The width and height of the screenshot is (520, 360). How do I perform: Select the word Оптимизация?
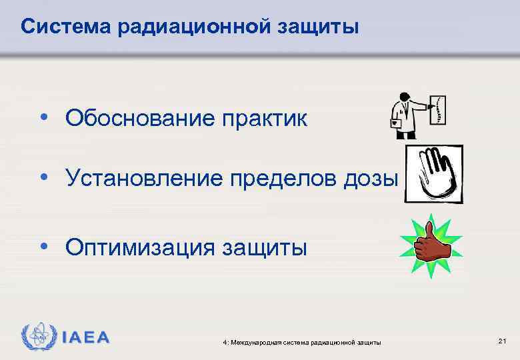[140, 247]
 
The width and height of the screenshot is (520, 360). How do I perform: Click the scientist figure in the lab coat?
[406, 114]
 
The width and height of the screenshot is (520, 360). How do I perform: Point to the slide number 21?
[502, 341]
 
